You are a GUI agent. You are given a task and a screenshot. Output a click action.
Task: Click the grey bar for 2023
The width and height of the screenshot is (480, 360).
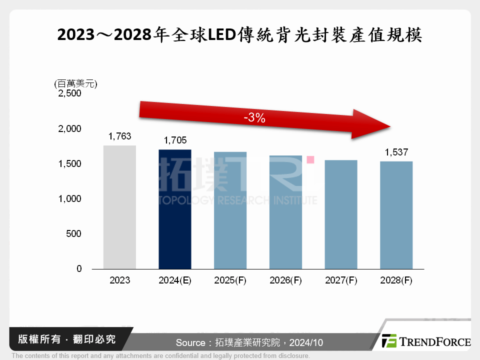pos(119,207)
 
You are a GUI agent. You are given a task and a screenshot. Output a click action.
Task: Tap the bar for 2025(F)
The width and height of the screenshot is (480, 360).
pos(230,210)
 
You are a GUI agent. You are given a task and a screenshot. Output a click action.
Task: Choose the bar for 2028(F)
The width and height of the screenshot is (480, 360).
pos(396,215)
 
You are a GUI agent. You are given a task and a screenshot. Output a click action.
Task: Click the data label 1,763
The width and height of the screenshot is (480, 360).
pos(119,136)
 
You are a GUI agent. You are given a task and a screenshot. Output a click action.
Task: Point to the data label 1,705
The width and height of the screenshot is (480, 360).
pos(174,140)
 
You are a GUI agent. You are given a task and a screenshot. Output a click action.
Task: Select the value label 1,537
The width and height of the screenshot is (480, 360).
pos(396,152)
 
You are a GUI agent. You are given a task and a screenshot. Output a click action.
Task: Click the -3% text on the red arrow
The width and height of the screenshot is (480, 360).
pos(254,118)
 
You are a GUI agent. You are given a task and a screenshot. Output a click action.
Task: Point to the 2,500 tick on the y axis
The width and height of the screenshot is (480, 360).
pos(70,94)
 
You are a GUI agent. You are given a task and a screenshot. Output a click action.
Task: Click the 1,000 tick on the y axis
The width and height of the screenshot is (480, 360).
pos(70,199)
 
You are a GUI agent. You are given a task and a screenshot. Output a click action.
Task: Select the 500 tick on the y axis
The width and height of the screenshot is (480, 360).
pos(73,234)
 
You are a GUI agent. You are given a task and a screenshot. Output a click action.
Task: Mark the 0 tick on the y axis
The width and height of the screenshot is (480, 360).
pos(79,269)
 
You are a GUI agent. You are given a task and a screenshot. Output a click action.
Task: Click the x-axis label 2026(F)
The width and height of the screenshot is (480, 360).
pos(285,280)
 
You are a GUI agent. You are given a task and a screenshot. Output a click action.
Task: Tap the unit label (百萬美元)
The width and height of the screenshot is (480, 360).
pos(75,83)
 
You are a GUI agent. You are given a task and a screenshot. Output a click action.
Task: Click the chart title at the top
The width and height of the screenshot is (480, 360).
pos(240,35)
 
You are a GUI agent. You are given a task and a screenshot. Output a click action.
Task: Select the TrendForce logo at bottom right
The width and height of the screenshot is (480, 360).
pos(425,341)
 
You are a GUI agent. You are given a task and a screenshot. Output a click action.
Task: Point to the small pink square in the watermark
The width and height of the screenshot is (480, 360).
pos(310,160)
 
